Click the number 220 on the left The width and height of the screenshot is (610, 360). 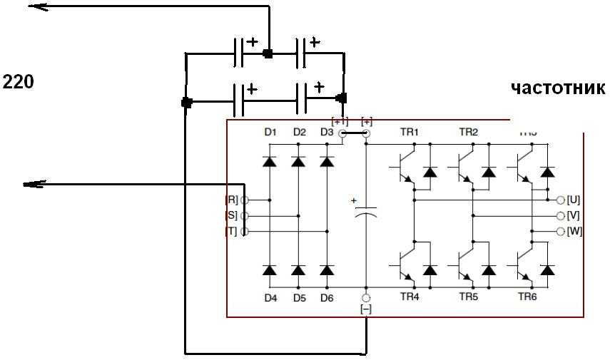[19, 82]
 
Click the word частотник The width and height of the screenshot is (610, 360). [558, 88]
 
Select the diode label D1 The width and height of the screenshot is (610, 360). [270, 132]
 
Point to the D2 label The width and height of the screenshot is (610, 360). [299, 132]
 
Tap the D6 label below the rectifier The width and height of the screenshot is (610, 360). [327, 298]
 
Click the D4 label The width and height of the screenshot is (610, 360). [270, 298]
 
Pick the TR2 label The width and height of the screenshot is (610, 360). [468, 132]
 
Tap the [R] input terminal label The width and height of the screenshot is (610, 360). [231, 200]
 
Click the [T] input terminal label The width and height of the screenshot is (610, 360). [231, 231]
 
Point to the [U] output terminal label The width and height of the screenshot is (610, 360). [573, 200]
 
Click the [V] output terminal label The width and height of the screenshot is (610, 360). [573, 215]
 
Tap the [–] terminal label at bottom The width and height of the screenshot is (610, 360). [366, 309]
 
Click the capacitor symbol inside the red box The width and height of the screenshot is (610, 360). [366, 212]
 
